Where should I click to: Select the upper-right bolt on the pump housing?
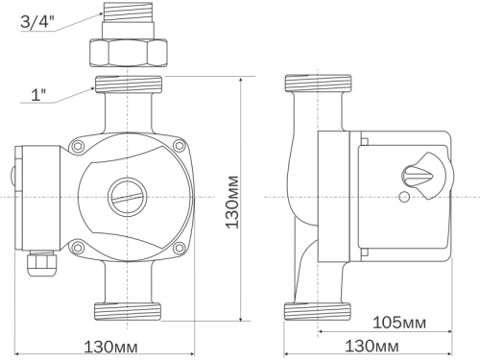point(178,146)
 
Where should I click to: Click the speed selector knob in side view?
point(420,175)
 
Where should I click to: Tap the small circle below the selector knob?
point(404,198)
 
